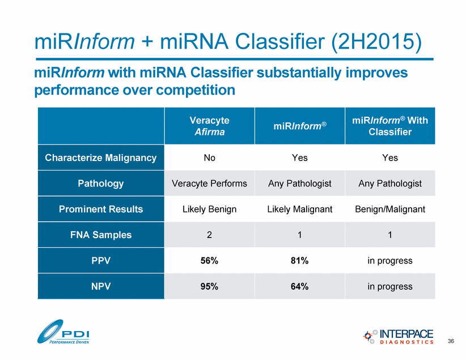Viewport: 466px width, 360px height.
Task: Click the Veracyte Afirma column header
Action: [209, 126]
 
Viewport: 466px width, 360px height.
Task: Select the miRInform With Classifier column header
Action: [389, 126]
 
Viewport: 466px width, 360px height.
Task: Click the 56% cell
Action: [209, 261]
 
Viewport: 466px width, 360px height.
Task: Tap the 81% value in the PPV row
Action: [299, 261]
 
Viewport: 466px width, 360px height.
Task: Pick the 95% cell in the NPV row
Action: [209, 286]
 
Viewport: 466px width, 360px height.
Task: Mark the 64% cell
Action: [299, 286]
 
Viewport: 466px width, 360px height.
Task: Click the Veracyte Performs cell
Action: [209, 184]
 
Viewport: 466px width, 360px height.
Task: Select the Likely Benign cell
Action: [209, 209]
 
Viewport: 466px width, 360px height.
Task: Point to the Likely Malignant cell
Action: [299, 209]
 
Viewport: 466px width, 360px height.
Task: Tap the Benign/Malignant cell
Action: [389, 209]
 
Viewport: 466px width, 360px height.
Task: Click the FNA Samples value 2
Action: [209, 235]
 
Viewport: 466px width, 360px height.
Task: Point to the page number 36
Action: [451, 341]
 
